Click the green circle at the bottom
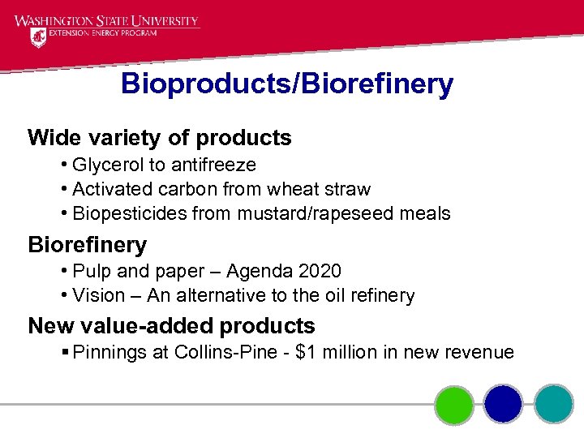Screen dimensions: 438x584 point(453,404)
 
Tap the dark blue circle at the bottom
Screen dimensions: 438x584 point(504,404)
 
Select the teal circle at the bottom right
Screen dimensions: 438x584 point(554,404)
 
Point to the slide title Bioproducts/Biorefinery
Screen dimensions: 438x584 point(287,84)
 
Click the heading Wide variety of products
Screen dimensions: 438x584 point(159,138)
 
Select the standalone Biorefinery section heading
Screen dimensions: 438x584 point(87,244)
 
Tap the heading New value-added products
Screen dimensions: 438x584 point(171,326)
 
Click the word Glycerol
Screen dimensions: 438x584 point(108,165)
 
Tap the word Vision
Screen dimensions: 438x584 point(98,295)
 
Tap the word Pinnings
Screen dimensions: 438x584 point(105,352)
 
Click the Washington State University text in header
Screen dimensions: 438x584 point(106,21)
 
